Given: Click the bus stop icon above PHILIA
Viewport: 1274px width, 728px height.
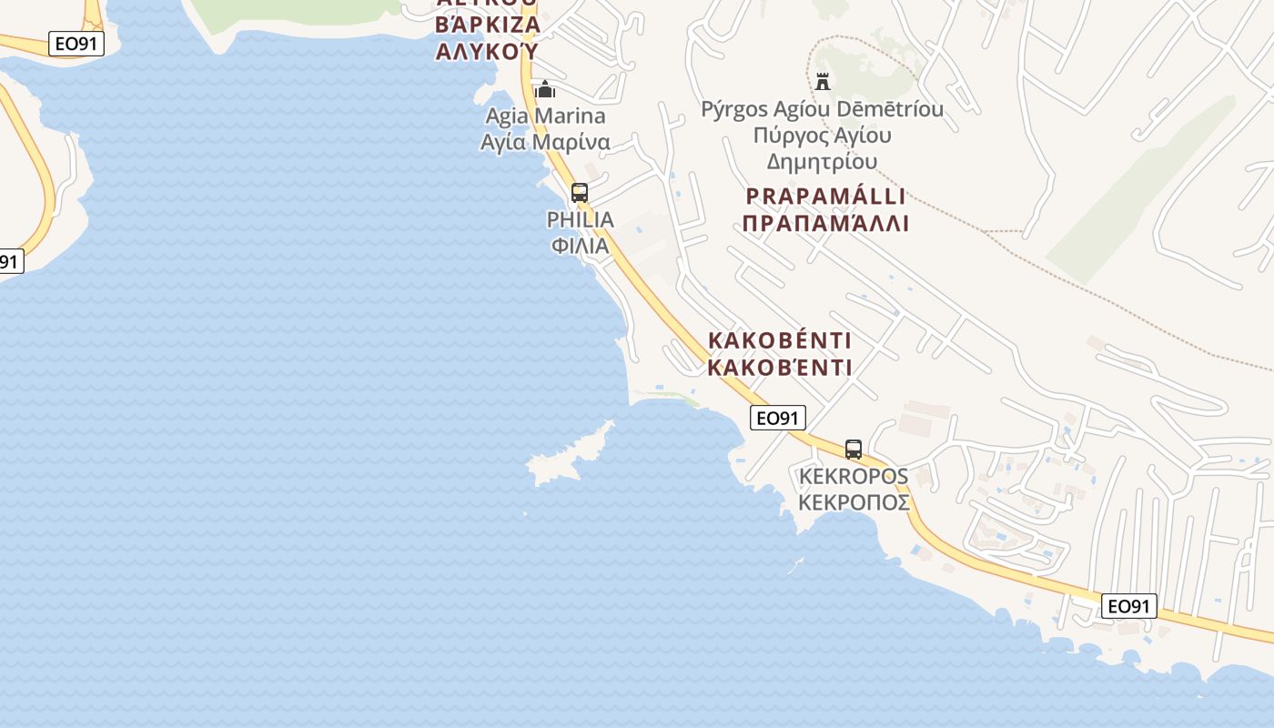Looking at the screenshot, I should point(579,192).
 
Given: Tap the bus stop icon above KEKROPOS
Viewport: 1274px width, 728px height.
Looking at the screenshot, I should point(853,449).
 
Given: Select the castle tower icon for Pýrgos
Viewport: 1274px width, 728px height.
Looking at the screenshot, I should point(823,81).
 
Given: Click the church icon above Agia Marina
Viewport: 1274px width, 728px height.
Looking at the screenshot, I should point(545,89).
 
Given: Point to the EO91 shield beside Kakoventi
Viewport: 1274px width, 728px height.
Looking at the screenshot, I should point(778,418).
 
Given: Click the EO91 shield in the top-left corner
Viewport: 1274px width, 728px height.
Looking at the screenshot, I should point(76,44).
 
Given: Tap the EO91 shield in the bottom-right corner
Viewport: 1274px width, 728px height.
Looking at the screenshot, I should point(1129,606).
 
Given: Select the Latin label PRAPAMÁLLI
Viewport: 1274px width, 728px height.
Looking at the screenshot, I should point(825,197).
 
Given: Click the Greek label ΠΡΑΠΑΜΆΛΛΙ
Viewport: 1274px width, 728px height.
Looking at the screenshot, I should point(825,224).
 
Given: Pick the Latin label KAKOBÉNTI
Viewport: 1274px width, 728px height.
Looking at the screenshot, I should point(780,341).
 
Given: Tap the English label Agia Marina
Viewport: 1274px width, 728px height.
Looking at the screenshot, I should point(545,116).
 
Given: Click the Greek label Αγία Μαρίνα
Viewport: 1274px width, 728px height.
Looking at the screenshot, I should point(545,143).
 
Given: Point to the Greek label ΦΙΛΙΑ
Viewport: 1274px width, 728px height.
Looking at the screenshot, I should point(580,246).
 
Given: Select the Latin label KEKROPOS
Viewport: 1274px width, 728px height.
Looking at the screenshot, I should point(853,476).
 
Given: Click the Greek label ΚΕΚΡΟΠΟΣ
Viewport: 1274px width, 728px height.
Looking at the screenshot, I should point(853,502).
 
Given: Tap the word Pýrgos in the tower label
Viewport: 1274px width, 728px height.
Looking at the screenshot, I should point(733,110).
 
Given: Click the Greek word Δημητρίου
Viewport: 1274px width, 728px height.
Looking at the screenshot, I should point(822,162).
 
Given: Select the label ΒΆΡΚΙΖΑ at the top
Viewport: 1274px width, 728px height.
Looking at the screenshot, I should point(488,25).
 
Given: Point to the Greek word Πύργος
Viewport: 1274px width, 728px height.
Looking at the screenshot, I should point(793,136).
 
